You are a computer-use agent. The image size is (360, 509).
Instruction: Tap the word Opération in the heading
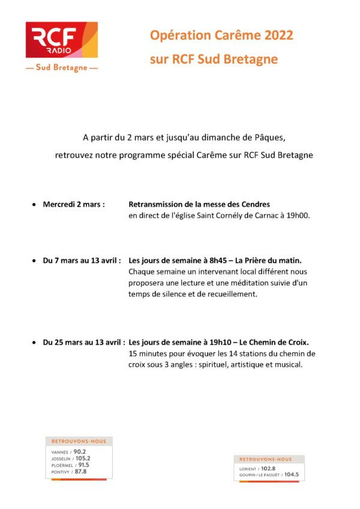(x=176, y=35)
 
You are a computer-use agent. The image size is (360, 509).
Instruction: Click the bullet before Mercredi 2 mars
(x=34, y=205)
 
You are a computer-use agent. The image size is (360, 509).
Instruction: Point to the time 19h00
(x=298, y=215)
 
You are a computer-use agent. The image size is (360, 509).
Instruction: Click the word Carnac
(x=262, y=215)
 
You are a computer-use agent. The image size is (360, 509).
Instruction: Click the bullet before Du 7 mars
(x=34, y=262)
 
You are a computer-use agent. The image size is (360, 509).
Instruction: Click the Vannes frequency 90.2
(x=80, y=451)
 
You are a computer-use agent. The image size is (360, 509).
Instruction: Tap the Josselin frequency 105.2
(x=83, y=459)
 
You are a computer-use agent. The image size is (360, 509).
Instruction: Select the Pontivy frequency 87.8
(x=80, y=472)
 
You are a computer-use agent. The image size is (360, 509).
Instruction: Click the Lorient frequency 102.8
(x=268, y=469)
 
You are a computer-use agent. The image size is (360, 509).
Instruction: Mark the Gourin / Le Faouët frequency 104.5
(x=292, y=475)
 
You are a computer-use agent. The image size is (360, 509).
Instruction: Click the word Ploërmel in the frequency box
(x=62, y=465)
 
